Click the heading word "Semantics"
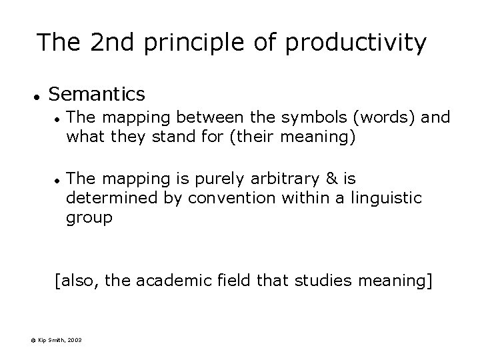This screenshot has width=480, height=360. pos(97,93)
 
